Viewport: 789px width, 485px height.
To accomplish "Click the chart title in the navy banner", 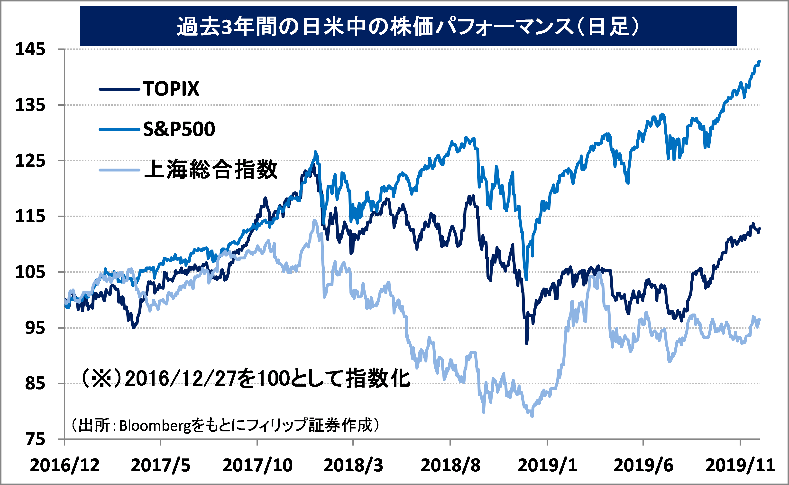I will tap(408, 26).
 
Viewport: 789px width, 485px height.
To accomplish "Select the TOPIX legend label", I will tap(171, 89).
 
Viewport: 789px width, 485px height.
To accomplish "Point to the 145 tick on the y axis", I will tap(30, 49).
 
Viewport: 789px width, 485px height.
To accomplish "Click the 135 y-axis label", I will tap(30, 105).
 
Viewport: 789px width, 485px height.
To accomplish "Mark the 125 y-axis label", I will tap(30, 161).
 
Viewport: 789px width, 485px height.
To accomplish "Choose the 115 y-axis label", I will tap(30, 217).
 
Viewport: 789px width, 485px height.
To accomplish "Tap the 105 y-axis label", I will tap(30, 272).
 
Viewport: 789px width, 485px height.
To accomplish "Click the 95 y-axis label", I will tap(35, 328).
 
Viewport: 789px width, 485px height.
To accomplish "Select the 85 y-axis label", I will tap(35, 383).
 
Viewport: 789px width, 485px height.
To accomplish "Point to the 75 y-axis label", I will tap(35, 439).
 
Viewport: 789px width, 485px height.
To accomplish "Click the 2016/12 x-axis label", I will tap(65, 465).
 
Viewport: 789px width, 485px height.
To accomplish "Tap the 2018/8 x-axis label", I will tap(450, 465).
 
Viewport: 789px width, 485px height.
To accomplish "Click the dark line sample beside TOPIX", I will tap(119, 89).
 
